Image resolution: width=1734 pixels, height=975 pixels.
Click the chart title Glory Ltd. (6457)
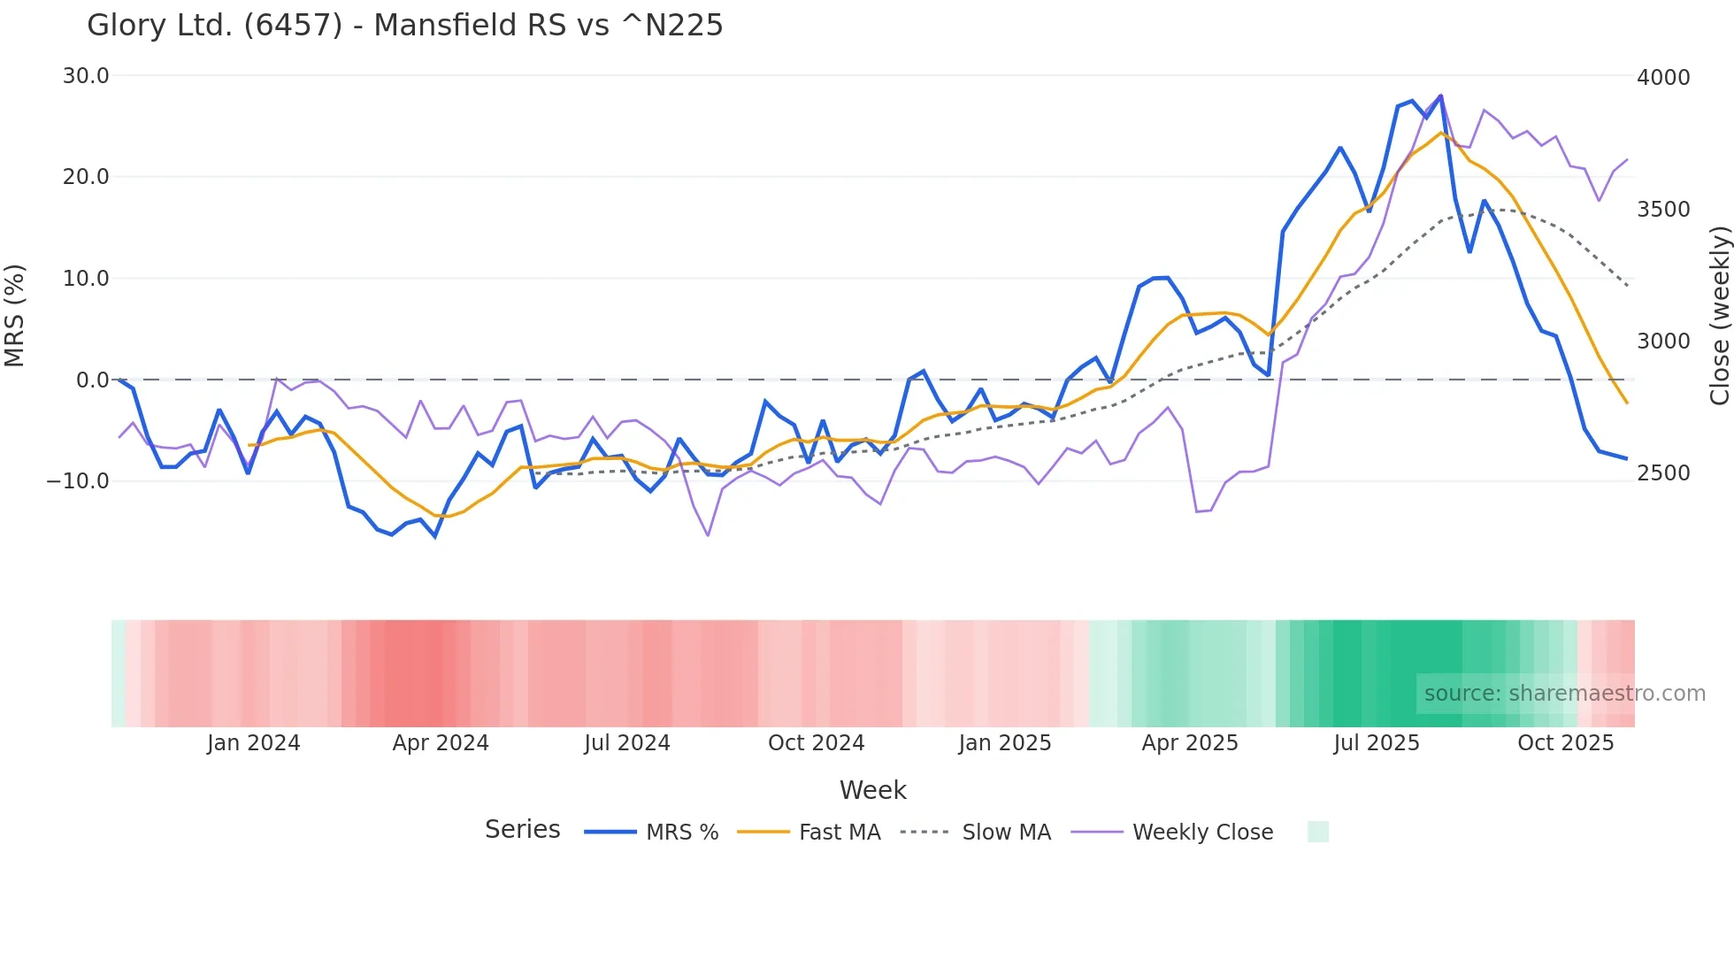tap(404, 26)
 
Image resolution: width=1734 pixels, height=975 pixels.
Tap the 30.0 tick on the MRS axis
tap(86, 76)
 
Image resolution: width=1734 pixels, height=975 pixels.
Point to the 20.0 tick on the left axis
tap(86, 177)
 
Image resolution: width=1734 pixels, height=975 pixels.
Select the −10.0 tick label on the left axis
tap(78, 481)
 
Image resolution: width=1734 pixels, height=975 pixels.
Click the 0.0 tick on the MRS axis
tap(93, 380)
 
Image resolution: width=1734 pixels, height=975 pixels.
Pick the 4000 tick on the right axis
tap(1663, 78)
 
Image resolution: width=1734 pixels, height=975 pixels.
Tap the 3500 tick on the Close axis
tap(1663, 210)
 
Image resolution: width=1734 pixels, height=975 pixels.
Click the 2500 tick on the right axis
tap(1663, 473)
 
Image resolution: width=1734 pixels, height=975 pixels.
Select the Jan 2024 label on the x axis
tap(254, 743)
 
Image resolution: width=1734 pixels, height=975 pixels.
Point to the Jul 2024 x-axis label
tap(627, 743)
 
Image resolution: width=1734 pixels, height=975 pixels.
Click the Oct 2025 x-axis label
tap(1566, 743)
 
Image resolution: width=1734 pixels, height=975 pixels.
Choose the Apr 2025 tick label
tap(1190, 743)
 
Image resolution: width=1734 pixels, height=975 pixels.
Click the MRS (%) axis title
tap(15, 316)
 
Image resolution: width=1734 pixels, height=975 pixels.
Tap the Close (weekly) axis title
tap(1719, 316)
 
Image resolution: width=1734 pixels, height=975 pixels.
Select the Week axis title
tap(872, 790)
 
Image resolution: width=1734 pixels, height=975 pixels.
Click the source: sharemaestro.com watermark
tap(1564, 694)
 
